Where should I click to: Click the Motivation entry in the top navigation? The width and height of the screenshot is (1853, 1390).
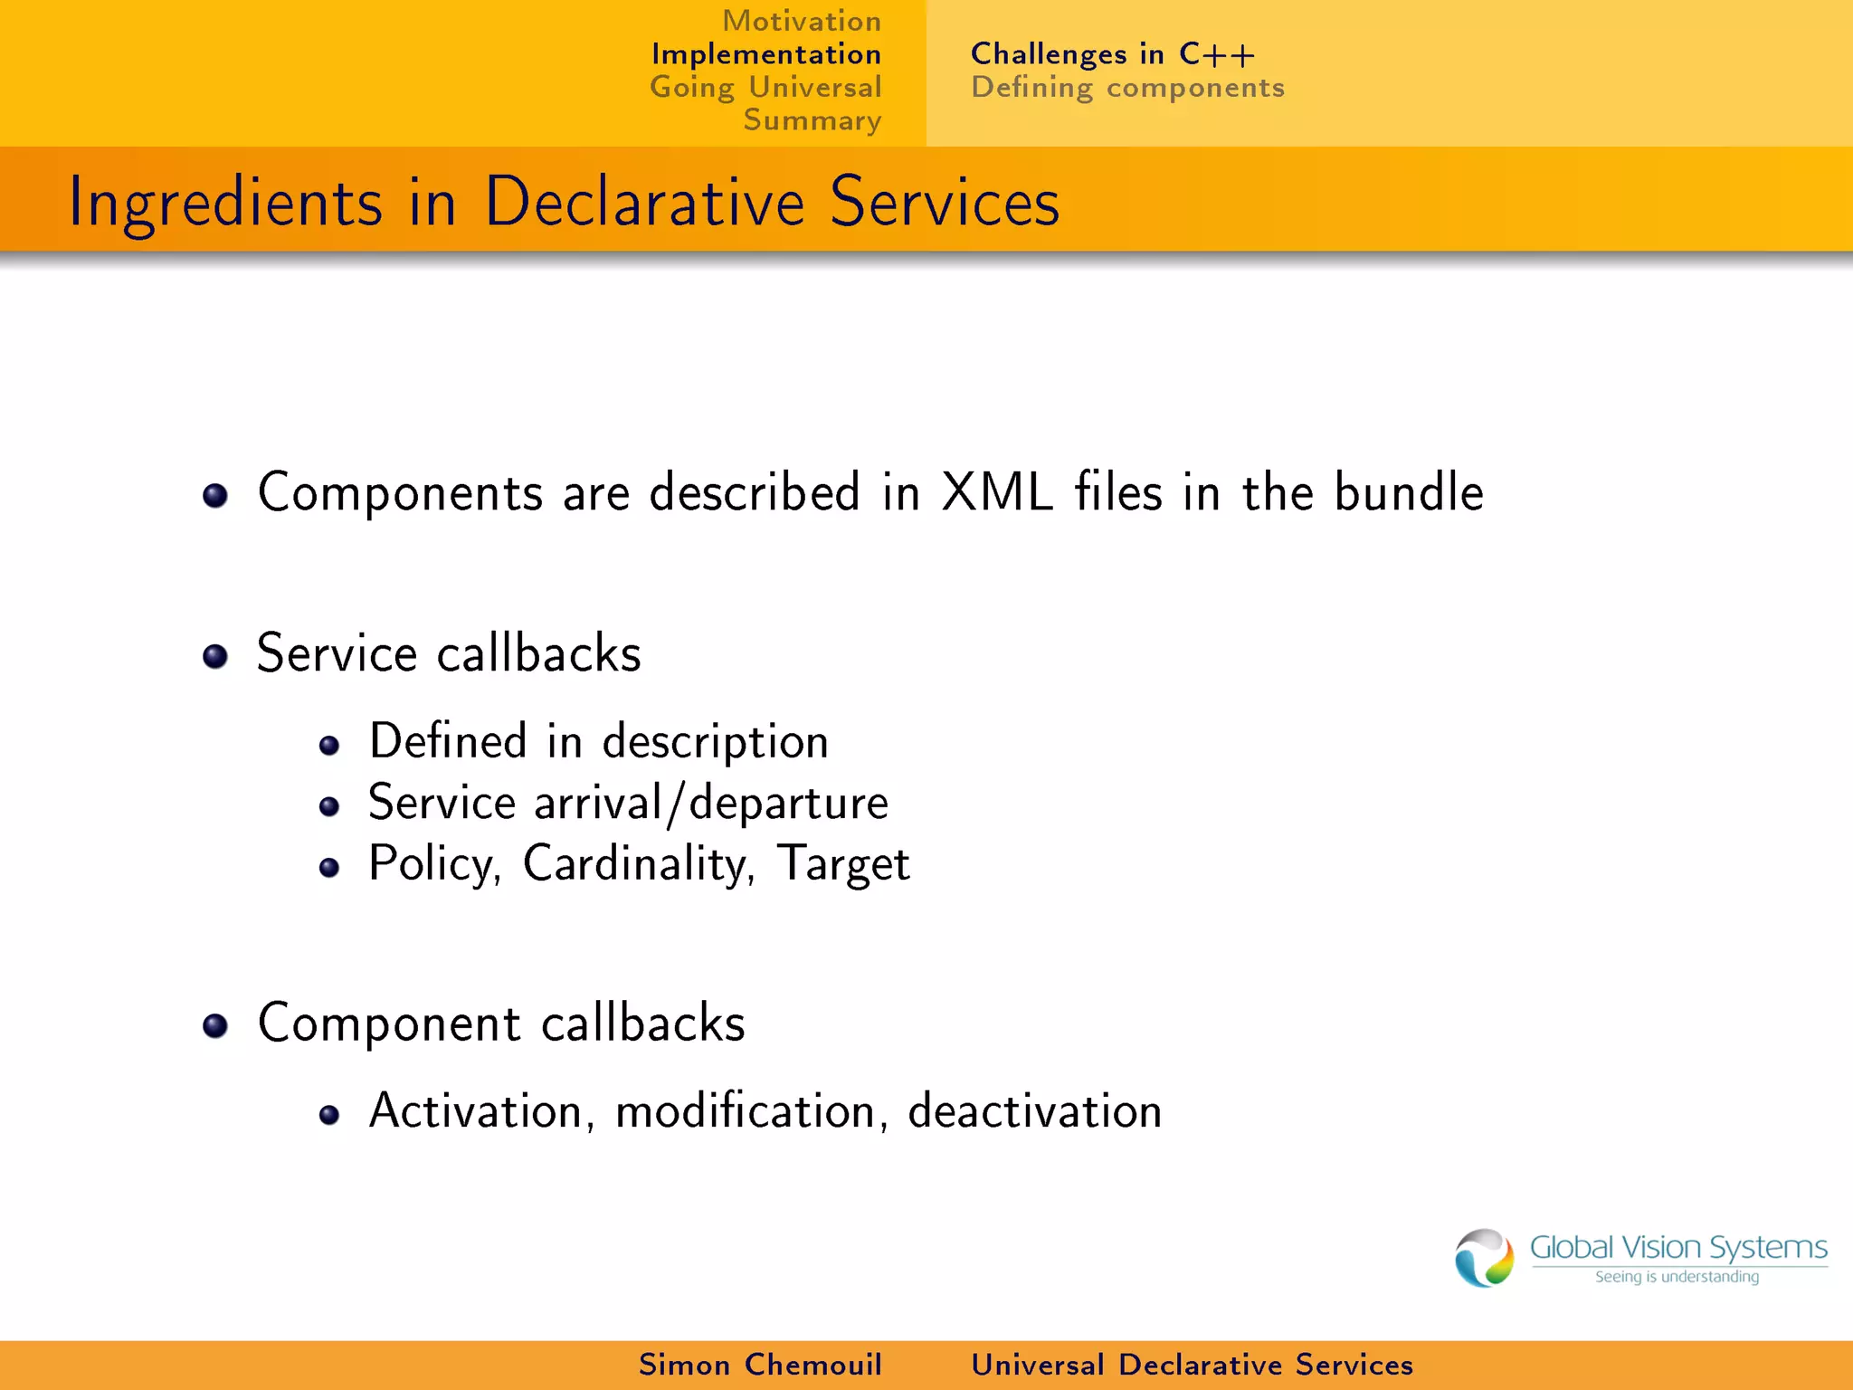(801, 21)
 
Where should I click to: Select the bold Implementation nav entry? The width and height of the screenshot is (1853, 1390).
(765, 54)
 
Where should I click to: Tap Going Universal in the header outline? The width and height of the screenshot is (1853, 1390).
(765, 88)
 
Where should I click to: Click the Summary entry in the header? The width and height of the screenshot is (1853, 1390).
(812, 120)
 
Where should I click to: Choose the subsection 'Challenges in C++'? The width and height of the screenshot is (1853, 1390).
(1112, 54)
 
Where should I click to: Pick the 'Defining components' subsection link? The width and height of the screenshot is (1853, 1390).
(1126, 88)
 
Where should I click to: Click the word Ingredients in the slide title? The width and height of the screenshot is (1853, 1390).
(225, 203)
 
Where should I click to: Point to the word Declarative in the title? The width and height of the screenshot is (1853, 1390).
(644, 203)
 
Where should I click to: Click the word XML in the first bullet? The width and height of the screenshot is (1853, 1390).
(997, 493)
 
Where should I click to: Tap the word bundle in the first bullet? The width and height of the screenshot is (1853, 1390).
(1408, 493)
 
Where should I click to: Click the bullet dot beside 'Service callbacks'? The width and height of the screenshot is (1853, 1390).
(215, 656)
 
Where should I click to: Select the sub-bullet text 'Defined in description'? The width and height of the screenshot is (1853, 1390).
(598, 742)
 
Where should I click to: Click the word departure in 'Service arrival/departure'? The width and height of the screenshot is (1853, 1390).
(788, 804)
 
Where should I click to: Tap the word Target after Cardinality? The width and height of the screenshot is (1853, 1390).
(842, 864)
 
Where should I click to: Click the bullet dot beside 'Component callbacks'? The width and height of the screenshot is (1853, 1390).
(215, 1025)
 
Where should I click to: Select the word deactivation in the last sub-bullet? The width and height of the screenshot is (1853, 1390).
(1034, 1110)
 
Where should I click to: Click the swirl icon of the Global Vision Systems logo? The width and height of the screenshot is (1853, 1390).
(1483, 1258)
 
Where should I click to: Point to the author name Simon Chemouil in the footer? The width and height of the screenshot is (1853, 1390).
(760, 1365)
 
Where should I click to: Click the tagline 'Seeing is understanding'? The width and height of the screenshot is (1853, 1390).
(1677, 1277)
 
